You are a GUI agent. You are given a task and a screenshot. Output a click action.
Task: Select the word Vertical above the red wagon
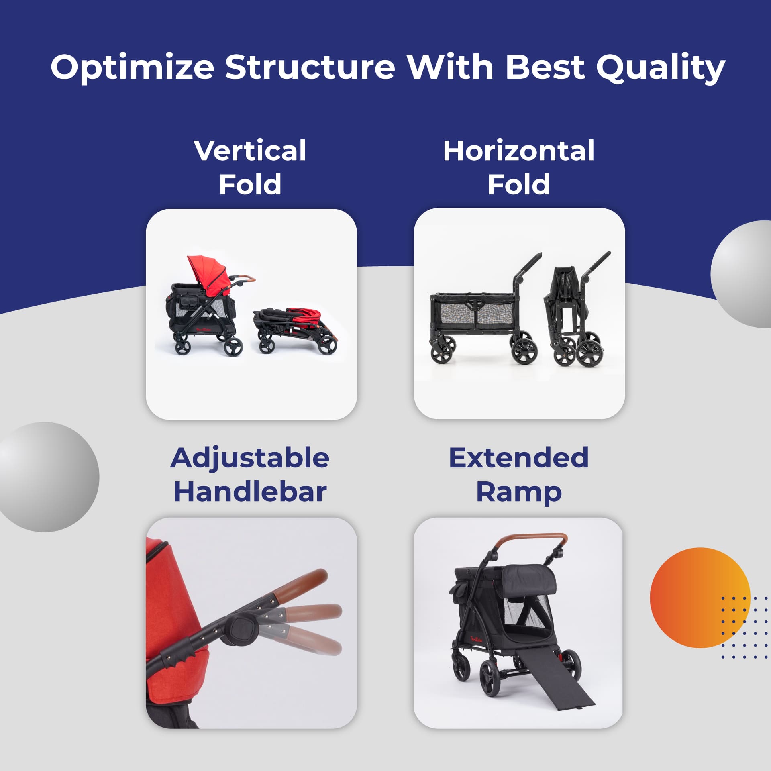[250, 151]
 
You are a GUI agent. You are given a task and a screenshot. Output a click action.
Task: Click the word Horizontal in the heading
[519, 151]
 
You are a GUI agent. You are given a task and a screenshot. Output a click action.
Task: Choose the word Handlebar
[250, 492]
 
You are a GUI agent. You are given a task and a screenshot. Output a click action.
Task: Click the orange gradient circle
[700, 598]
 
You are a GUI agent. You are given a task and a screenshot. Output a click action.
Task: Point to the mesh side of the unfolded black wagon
[474, 315]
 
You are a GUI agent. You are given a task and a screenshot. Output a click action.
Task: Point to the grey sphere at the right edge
[741, 274]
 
